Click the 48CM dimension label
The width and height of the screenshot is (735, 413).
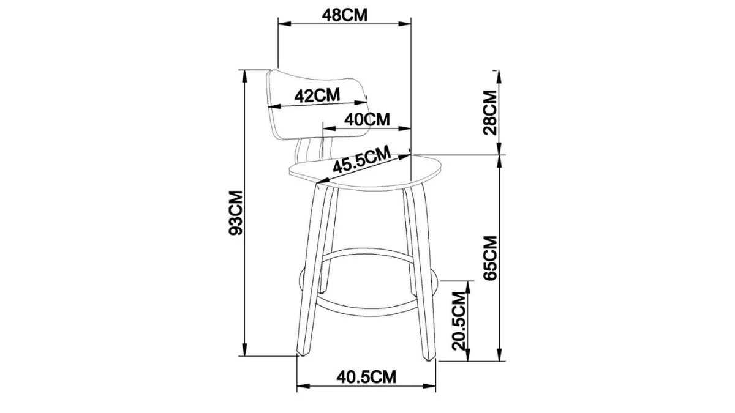tap(345, 15)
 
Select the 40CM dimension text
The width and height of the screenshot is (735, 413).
tap(367, 119)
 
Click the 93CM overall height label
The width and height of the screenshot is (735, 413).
tap(236, 213)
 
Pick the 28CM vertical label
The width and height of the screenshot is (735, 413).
tap(490, 113)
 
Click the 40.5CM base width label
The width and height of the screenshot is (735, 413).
tap(366, 376)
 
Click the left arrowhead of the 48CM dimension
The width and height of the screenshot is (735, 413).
tap(283, 24)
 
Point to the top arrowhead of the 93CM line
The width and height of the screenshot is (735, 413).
tap(245, 74)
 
